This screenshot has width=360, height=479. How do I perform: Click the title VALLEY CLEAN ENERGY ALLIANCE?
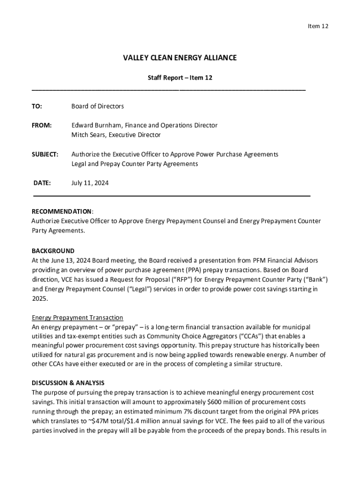180,58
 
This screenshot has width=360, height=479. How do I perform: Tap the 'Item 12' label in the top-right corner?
318,26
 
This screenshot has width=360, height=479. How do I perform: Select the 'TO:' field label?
36,106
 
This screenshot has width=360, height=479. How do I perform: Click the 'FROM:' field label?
42,125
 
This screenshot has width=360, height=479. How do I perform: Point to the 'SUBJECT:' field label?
45,154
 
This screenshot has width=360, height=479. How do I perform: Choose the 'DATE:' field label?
42,183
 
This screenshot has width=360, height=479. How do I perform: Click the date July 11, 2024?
90,183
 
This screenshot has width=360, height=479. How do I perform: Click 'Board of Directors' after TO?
97,106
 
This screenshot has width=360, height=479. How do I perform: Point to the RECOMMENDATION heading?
62,211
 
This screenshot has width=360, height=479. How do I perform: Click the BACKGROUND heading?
53,251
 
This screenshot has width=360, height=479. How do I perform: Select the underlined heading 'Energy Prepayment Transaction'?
77,318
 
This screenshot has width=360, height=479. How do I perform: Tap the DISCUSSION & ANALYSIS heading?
68,383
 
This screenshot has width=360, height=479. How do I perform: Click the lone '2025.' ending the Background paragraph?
40,298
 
